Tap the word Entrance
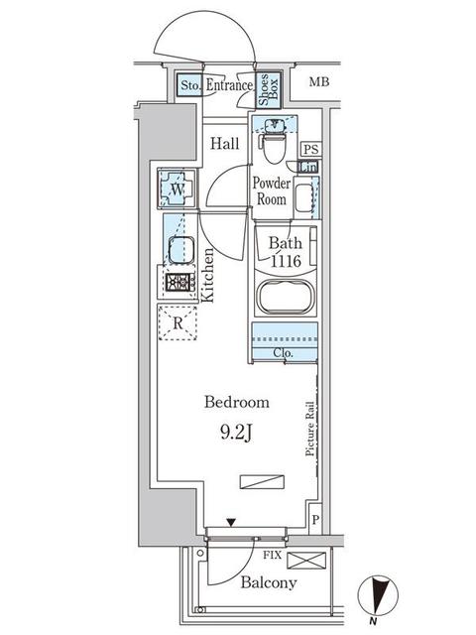[230, 87]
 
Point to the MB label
[319, 82]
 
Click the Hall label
[224, 143]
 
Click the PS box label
[309, 150]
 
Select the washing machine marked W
[175, 189]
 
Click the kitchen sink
[179, 250]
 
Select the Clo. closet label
[282, 351]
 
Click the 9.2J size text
[237, 433]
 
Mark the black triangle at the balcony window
[232, 523]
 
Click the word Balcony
[268, 582]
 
